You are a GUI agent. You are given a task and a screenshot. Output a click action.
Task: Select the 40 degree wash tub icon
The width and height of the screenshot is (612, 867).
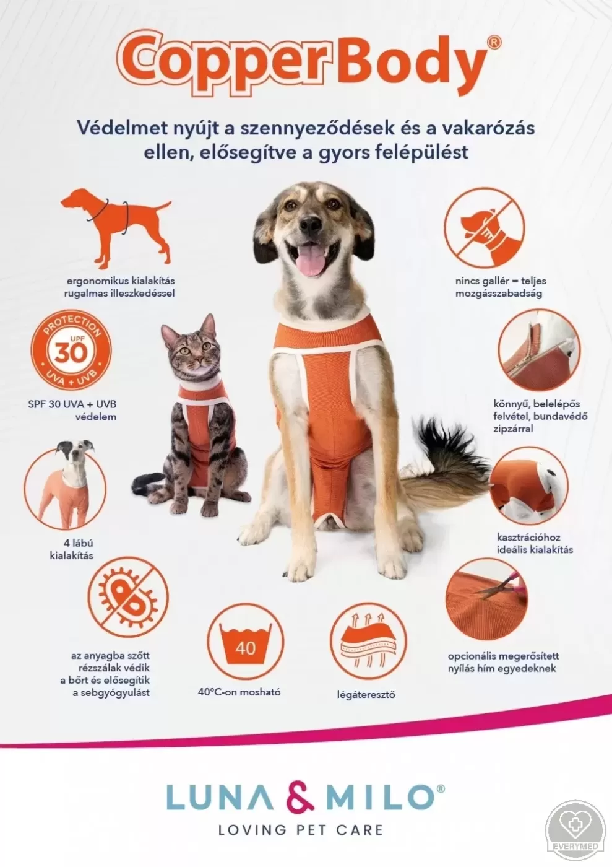pyautogui.click(x=246, y=642)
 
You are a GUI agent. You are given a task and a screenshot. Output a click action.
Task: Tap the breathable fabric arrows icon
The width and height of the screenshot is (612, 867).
pyautogui.click(x=368, y=642)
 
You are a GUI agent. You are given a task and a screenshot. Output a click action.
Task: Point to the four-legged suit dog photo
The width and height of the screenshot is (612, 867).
pyautogui.click(x=64, y=484)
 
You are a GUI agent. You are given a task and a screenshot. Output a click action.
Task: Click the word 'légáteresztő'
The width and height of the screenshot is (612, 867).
pyautogui.click(x=366, y=694)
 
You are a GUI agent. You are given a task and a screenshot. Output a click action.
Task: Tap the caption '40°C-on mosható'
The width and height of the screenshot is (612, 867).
pyautogui.click(x=239, y=692)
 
